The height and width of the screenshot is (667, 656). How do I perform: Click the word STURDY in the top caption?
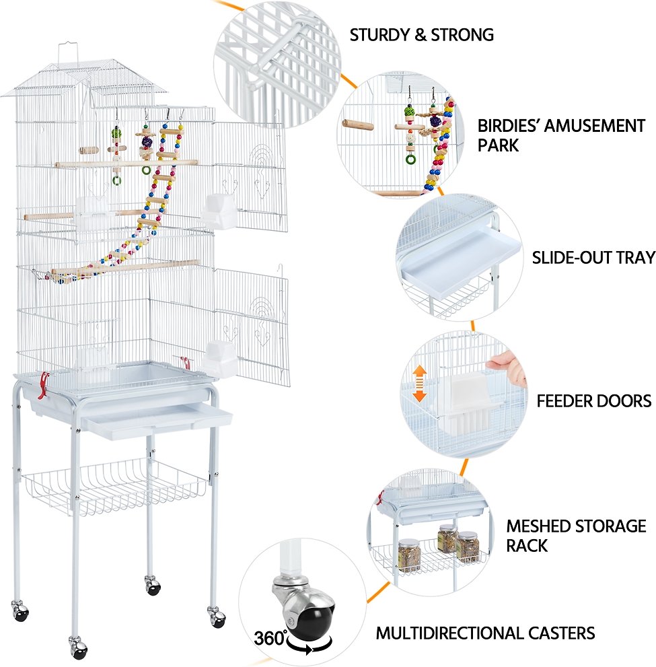pyautogui.click(x=379, y=35)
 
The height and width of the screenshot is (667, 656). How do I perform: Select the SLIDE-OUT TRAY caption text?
pyautogui.click(x=593, y=257)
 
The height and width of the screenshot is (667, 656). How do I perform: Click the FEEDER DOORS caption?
pyautogui.click(x=593, y=401)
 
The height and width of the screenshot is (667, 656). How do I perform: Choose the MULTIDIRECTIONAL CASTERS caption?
pyautogui.click(x=485, y=633)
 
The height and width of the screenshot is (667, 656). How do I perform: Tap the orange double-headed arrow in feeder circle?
pyautogui.click(x=420, y=384)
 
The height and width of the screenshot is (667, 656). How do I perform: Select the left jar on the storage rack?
pyautogui.click(x=409, y=555)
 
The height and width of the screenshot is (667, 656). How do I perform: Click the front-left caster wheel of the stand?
pyautogui.click(x=78, y=648)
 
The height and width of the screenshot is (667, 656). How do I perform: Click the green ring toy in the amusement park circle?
pyautogui.click(x=410, y=159)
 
